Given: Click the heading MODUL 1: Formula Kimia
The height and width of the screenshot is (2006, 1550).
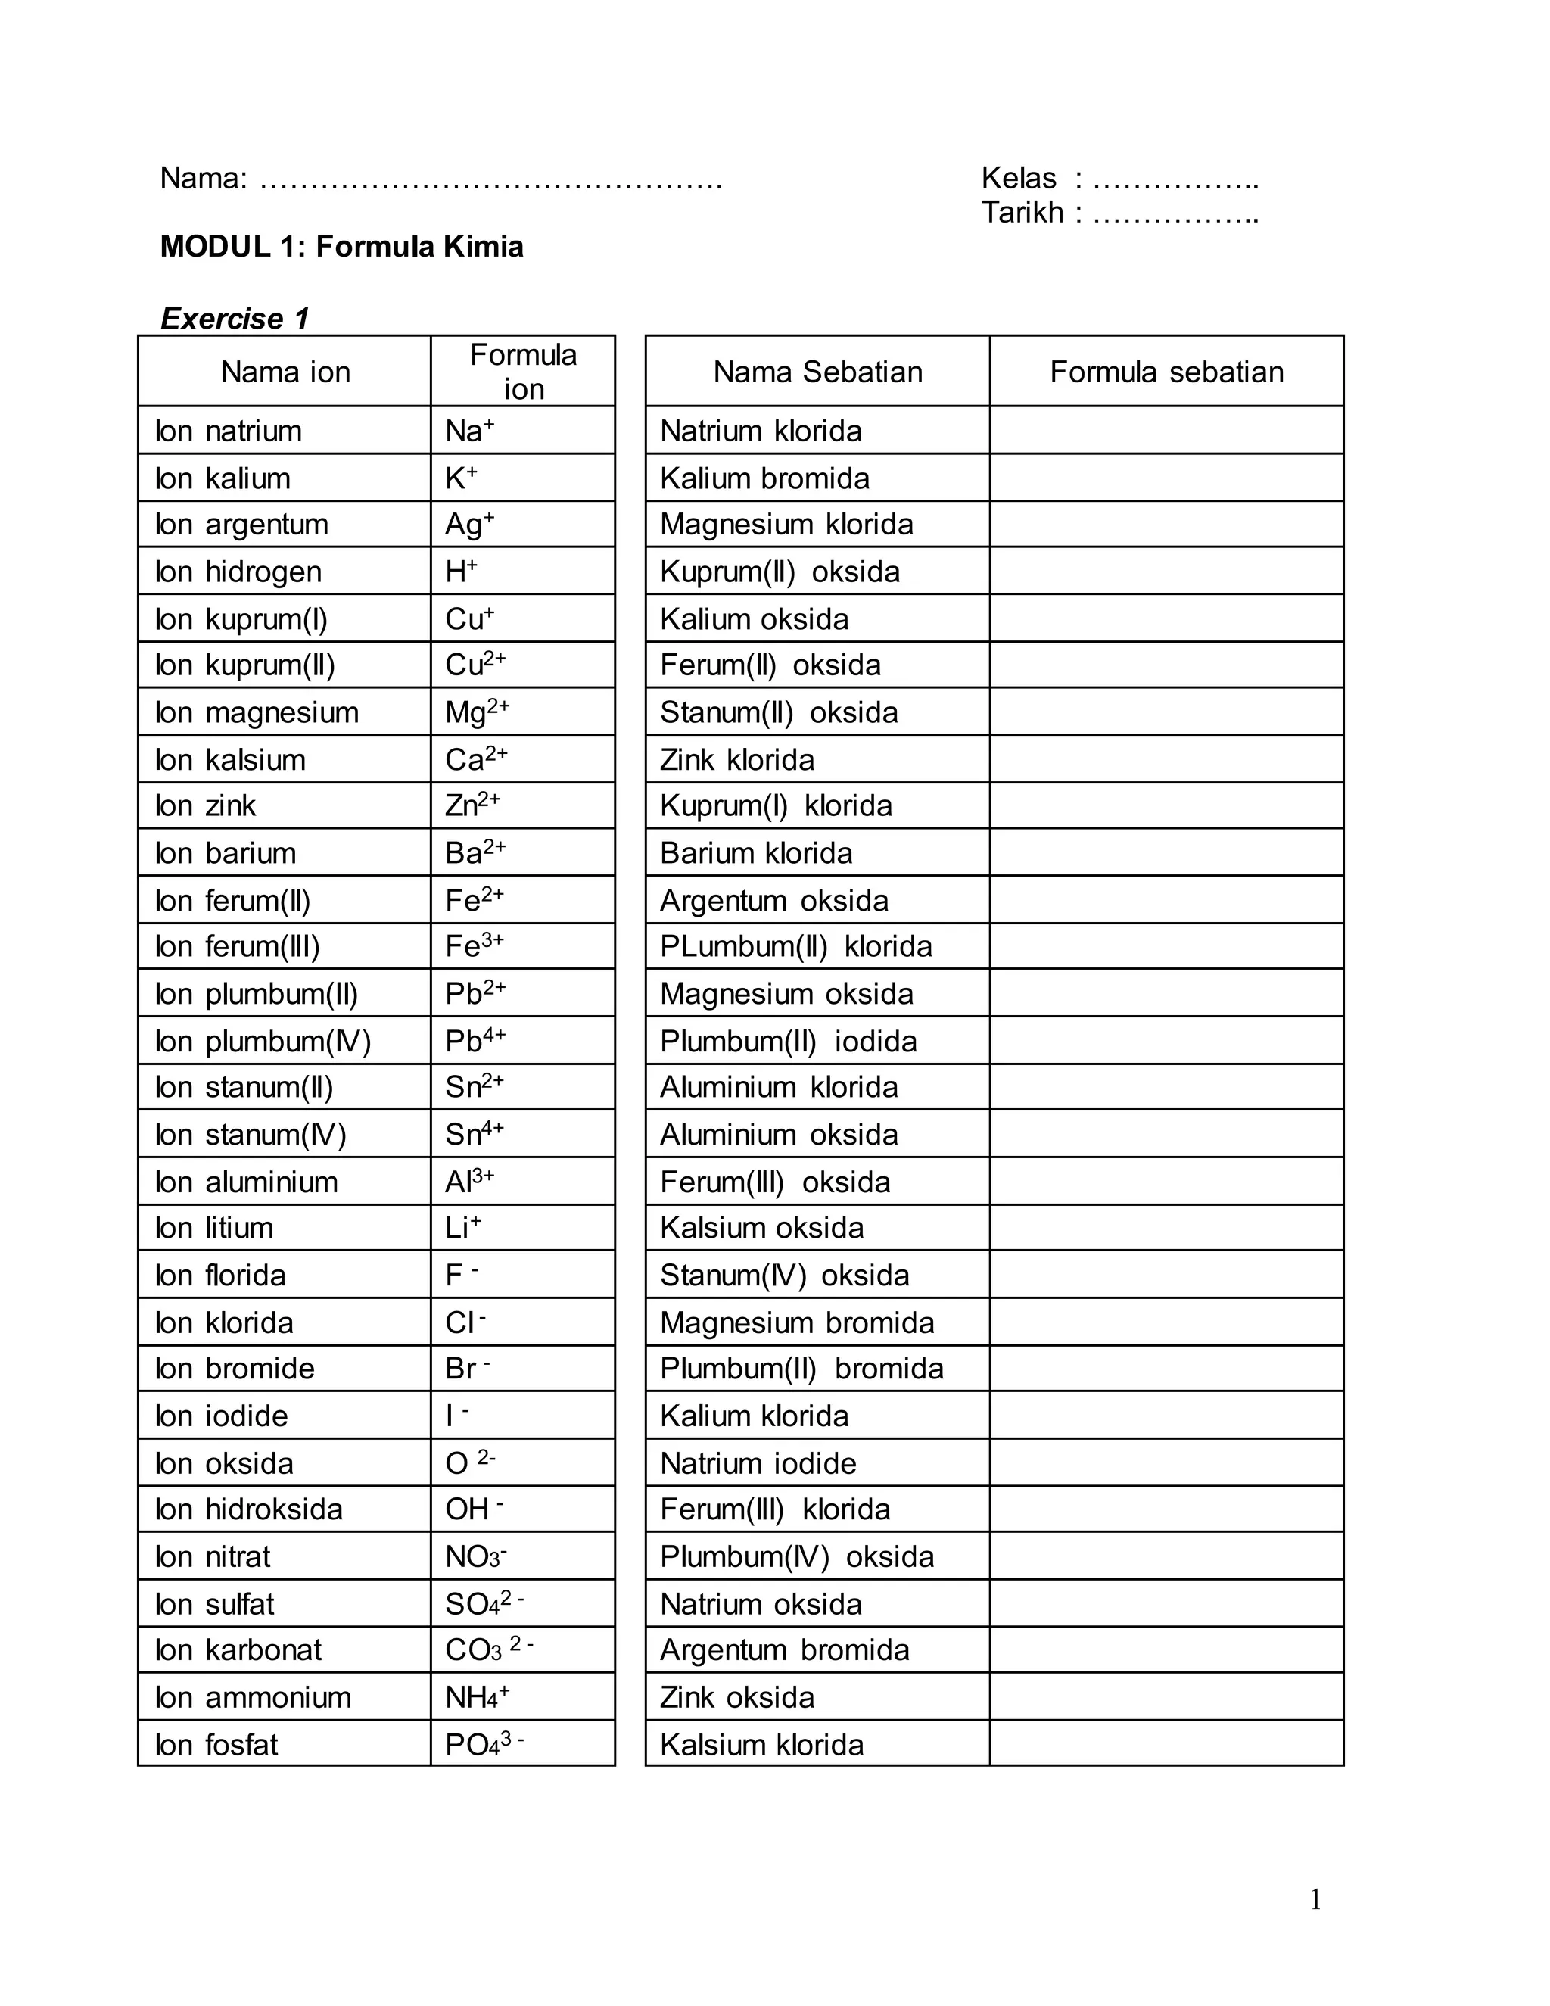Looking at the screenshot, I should (341, 246).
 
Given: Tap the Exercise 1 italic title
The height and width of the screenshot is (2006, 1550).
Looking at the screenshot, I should (235, 318).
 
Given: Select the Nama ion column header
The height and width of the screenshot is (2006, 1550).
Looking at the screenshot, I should (285, 371).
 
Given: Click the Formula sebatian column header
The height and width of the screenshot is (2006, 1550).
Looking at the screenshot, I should (1166, 371).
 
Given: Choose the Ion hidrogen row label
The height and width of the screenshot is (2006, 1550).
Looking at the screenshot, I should (238, 572).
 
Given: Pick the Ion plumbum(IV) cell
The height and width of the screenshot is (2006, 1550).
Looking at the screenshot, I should (263, 1041).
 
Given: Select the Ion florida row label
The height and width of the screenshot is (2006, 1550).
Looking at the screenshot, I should (220, 1275).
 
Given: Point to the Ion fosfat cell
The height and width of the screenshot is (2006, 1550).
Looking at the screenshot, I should (216, 1744).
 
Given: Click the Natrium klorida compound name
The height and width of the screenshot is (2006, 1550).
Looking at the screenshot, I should (761, 430).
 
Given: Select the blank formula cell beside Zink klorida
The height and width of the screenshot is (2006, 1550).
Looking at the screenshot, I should (1166, 759).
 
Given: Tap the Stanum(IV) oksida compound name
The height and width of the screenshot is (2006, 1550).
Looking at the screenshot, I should (784, 1275).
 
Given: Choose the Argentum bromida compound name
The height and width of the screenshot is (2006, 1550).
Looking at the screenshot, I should (784, 1649).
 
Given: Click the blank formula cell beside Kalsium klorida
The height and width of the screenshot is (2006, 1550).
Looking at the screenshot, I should (1166, 1744).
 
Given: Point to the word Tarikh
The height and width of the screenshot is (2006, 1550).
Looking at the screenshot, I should (1021, 212).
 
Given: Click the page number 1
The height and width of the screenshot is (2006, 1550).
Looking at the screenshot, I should (1315, 1899).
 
